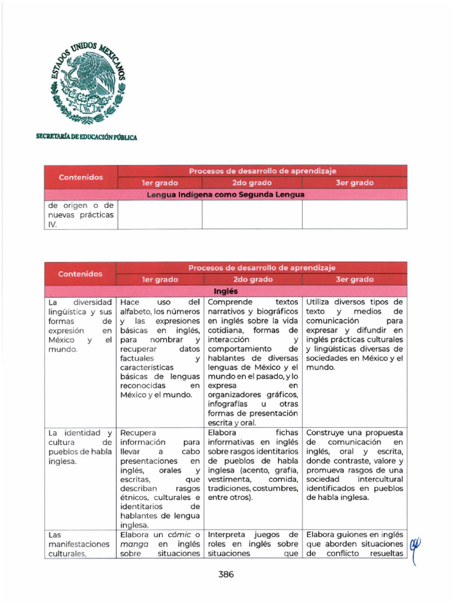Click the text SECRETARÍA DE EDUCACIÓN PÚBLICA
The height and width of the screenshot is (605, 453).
[87, 137]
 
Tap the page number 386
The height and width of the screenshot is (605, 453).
[226, 574]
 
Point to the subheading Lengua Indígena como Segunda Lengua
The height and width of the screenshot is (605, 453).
[226, 194]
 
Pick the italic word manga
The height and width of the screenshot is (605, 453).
[133, 544]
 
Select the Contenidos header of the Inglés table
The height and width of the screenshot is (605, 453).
[80, 274]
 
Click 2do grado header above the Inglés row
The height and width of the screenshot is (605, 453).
[252, 279]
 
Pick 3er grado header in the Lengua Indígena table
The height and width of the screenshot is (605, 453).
[354, 183]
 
